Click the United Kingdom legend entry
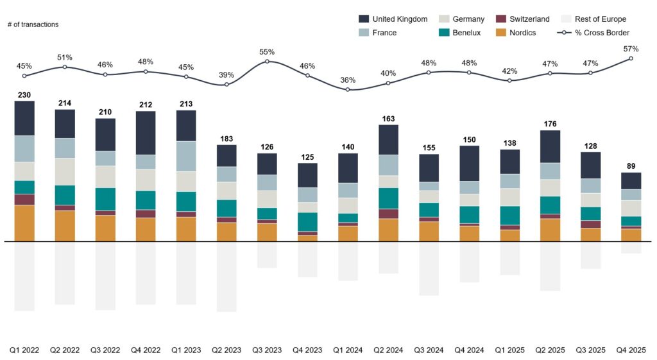point(399,19)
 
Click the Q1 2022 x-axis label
point(24,350)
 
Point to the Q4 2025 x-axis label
point(631,350)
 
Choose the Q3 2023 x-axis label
point(267,350)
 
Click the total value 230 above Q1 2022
point(24,95)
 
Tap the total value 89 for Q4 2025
point(631,167)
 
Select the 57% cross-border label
point(631,49)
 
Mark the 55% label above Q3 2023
point(267,52)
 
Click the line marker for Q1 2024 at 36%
point(348,90)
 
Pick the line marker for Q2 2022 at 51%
point(65,67)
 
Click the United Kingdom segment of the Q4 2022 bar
point(146,133)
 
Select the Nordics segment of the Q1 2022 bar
point(24,223)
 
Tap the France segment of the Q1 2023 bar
point(186,156)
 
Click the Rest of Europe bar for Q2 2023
point(226,277)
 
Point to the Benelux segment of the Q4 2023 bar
point(307,221)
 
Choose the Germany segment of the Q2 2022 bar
point(65,171)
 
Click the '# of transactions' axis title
point(33,24)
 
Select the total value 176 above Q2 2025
point(550,124)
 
